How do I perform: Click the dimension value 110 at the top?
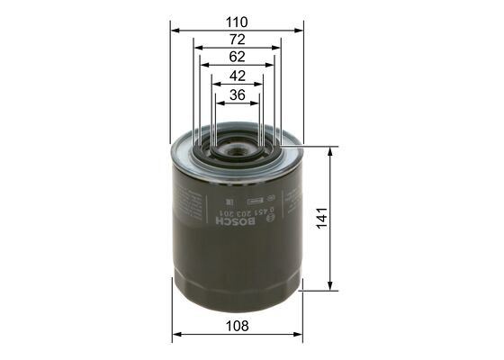click(x=237, y=20)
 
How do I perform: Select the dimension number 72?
click(x=237, y=40)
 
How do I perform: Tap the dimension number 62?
click(x=237, y=56)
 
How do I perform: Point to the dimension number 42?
click(x=237, y=76)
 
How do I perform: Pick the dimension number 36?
click(x=237, y=94)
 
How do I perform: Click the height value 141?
click(x=321, y=217)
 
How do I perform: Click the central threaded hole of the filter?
click(x=237, y=143)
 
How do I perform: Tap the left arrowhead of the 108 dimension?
click(x=175, y=335)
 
